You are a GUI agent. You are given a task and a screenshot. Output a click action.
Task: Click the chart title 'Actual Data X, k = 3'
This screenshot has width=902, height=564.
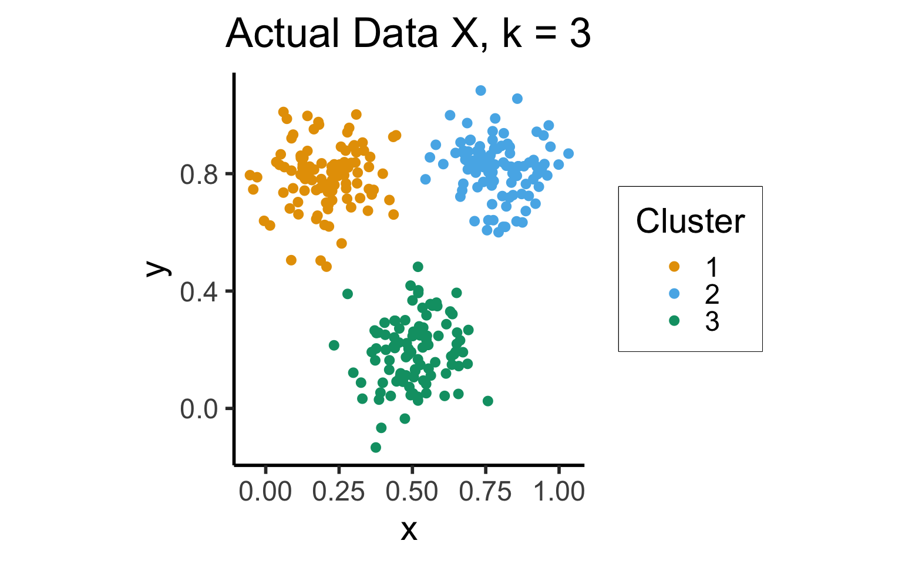click(x=408, y=33)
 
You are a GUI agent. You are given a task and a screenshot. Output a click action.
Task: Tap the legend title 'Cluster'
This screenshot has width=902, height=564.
click(x=690, y=221)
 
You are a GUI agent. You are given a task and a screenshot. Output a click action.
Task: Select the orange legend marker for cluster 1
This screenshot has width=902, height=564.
click(x=674, y=267)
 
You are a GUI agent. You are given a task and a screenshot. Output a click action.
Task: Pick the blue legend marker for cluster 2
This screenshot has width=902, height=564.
click(x=674, y=294)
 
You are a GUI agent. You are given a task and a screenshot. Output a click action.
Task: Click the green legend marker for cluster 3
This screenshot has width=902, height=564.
click(x=674, y=321)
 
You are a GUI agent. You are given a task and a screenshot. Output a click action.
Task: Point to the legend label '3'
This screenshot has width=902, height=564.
click(x=712, y=321)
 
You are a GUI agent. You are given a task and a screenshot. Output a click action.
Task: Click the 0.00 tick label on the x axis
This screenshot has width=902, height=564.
click(x=265, y=492)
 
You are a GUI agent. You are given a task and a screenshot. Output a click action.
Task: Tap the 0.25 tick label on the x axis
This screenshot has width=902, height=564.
click(x=339, y=492)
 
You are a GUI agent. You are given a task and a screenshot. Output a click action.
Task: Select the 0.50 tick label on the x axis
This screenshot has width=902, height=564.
click(x=412, y=492)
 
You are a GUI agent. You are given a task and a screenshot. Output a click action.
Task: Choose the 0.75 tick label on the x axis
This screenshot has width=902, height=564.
click(x=486, y=492)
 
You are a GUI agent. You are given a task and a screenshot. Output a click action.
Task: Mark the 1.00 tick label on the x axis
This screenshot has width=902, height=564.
click(x=559, y=492)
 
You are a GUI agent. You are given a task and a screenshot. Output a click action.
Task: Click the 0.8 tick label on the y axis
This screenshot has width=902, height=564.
click(x=199, y=174)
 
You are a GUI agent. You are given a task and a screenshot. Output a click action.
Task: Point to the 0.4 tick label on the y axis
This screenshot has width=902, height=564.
click(x=199, y=291)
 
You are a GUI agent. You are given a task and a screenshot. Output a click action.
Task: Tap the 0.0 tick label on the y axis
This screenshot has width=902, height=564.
click(x=199, y=409)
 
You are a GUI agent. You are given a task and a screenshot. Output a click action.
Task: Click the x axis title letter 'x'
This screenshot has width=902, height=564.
click(x=409, y=530)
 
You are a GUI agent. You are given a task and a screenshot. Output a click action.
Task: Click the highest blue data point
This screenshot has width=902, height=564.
click(x=481, y=90)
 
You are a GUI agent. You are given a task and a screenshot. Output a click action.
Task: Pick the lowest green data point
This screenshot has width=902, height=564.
click(x=376, y=448)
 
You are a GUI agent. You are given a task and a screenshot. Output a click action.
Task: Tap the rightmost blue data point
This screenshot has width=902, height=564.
click(x=568, y=154)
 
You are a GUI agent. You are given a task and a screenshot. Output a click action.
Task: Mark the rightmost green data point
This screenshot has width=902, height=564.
click(x=488, y=401)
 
